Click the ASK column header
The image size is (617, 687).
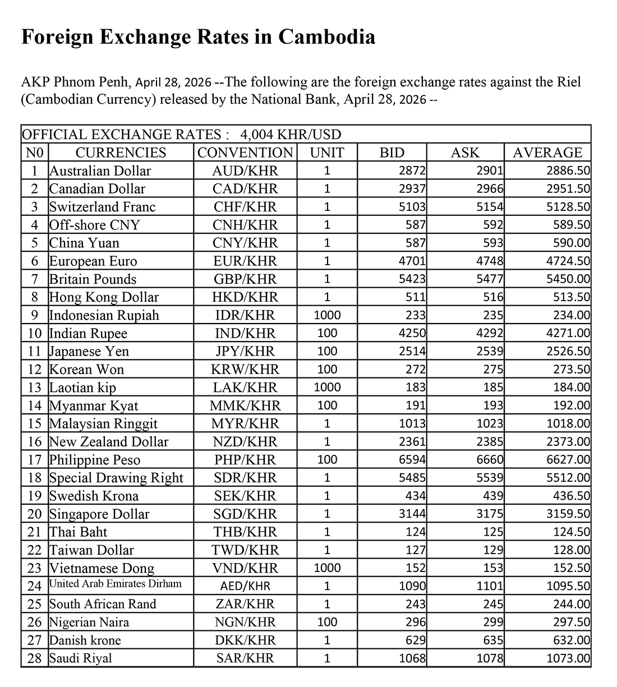(x=465, y=153)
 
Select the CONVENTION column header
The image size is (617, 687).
(x=245, y=153)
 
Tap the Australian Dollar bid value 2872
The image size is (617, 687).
(x=412, y=171)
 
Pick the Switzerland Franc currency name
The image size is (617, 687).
(x=102, y=207)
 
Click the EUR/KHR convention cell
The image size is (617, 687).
(x=245, y=261)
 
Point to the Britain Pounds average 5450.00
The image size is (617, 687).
(x=568, y=279)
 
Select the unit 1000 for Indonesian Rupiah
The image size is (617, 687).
(x=327, y=315)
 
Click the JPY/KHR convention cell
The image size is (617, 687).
(x=245, y=352)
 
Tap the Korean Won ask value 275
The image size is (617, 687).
(x=493, y=370)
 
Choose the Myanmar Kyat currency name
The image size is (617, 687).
(x=93, y=405)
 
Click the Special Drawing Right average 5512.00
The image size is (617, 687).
(x=568, y=478)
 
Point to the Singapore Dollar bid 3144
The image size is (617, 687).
(x=412, y=514)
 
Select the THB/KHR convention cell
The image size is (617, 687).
(x=245, y=532)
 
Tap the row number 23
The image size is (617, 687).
(x=34, y=568)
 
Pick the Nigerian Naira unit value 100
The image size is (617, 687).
(x=327, y=622)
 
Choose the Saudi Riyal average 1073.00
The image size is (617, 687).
(x=568, y=658)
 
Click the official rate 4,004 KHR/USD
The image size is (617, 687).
(x=291, y=135)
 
